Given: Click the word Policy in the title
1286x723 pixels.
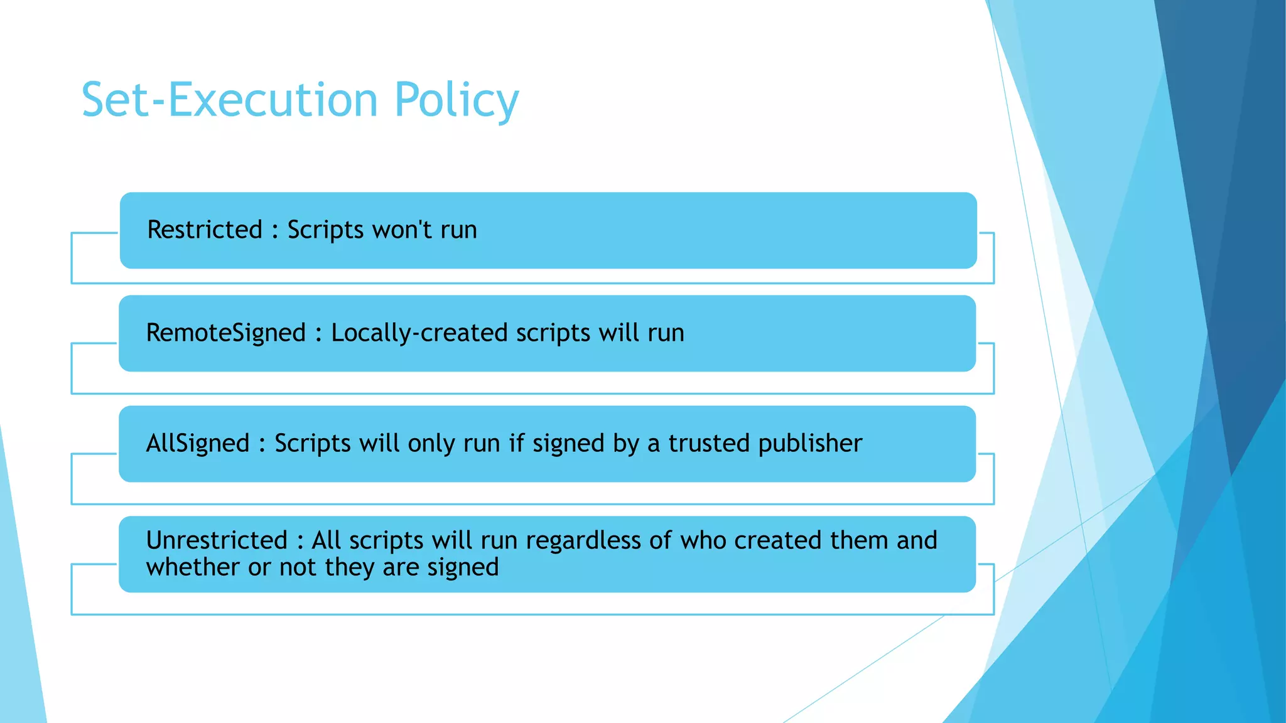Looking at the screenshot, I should [x=457, y=100].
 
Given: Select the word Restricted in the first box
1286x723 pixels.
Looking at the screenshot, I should [x=205, y=230].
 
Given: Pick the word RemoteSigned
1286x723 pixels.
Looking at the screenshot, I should [x=225, y=333].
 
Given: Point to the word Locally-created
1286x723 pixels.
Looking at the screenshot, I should [x=419, y=333].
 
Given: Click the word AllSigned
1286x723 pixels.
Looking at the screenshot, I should [x=198, y=443].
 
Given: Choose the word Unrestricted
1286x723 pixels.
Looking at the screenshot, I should [x=217, y=540].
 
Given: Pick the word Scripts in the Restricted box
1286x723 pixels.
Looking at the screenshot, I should [x=326, y=230].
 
